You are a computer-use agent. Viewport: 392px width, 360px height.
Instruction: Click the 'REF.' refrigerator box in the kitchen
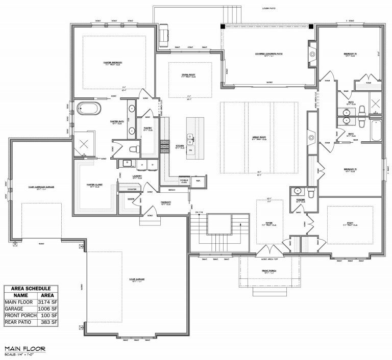click(x=198, y=181)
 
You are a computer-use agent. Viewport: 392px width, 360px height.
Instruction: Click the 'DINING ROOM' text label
click(x=188, y=74)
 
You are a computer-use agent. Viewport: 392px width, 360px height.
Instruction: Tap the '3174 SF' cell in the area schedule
click(x=47, y=301)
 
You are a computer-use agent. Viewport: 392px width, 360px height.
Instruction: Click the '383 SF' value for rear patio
click(x=47, y=322)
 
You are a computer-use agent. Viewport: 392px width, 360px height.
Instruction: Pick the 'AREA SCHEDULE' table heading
click(x=31, y=288)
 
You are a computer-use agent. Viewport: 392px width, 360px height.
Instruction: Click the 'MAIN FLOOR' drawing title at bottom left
click(x=24, y=349)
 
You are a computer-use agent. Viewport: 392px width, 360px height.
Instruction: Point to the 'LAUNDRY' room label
click(x=137, y=176)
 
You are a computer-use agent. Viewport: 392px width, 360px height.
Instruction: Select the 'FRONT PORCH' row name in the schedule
click(x=20, y=315)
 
